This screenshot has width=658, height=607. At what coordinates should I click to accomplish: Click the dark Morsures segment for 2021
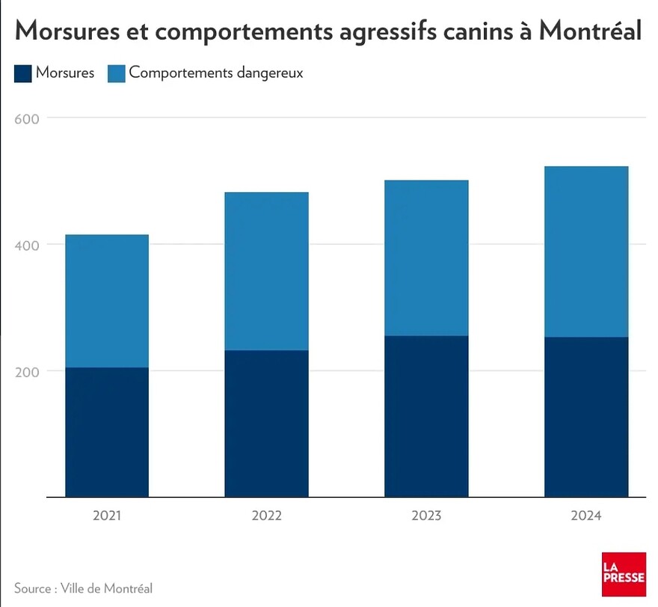coord(107,432)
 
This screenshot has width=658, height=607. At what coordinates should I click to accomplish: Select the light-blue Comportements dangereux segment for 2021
coord(107,301)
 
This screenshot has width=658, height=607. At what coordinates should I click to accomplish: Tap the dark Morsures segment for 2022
coord(266,424)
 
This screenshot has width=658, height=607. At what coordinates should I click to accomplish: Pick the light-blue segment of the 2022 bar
coord(266,271)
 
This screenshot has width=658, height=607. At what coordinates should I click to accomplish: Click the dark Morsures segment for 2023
coord(426,416)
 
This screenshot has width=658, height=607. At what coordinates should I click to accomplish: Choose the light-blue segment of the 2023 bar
coord(426,258)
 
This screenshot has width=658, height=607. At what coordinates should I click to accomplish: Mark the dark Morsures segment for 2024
coord(585,417)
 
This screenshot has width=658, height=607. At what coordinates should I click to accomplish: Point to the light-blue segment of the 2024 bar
coord(585,251)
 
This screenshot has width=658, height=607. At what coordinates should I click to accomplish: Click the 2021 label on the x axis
coord(107,516)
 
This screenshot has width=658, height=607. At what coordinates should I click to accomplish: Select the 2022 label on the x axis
coord(266,516)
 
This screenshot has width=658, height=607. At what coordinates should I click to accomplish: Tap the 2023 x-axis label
coord(426,516)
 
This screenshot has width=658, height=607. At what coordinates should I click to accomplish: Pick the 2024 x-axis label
coord(585,516)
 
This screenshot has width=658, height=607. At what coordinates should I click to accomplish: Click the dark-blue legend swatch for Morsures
coord(22,73)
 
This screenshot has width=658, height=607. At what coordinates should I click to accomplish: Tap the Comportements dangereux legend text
coord(215,73)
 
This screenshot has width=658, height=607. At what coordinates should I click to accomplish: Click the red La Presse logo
coord(624,574)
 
